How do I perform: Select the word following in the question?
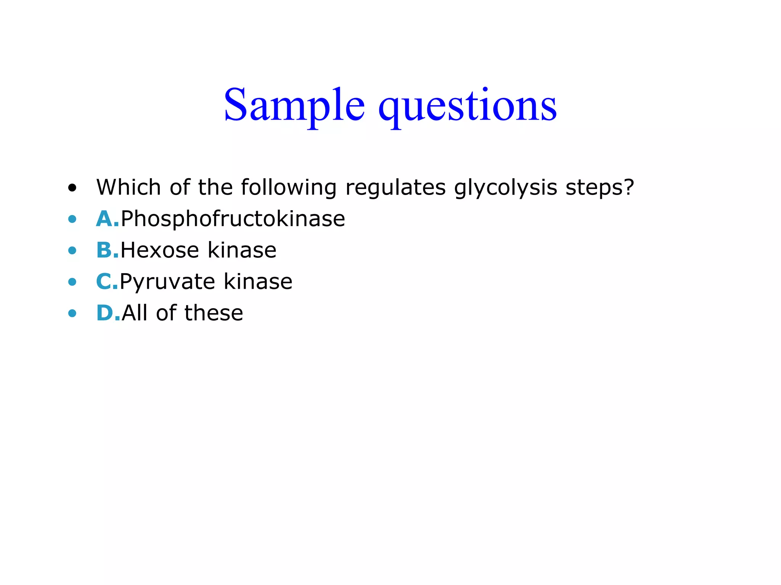pos(288,188)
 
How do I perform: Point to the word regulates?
pos(395,188)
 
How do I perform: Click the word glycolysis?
pos(505,188)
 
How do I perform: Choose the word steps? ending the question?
pos(599,188)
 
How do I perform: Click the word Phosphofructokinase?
pos(233,219)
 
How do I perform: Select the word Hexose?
pos(160,250)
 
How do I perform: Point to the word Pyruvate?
pos(167,282)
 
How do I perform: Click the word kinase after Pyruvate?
pos(258,282)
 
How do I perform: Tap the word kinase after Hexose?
pos(242,250)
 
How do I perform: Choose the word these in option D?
pos(214,313)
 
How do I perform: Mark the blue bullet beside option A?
pos(72,219)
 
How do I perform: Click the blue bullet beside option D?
pos(72,313)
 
